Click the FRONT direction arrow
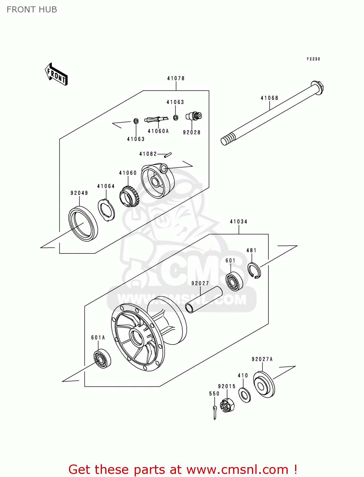click(56, 74)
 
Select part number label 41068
click(269, 98)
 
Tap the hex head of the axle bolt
click(318, 87)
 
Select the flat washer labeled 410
click(244, 395)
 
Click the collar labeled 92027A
click(264, 385)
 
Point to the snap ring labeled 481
click(254, 271)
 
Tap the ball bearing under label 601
click(234, 281)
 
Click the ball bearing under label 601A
click(102, 359)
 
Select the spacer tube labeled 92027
click(203, 300)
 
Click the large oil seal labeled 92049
click(83, 224)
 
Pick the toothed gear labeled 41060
click(129, 197)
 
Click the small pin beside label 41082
click(168, 155)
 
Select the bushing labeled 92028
click(194, 116)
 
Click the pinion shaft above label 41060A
click(156, 120)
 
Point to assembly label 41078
click(176, 78)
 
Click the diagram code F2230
click(313, 59)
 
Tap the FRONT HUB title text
click(32, 10)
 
